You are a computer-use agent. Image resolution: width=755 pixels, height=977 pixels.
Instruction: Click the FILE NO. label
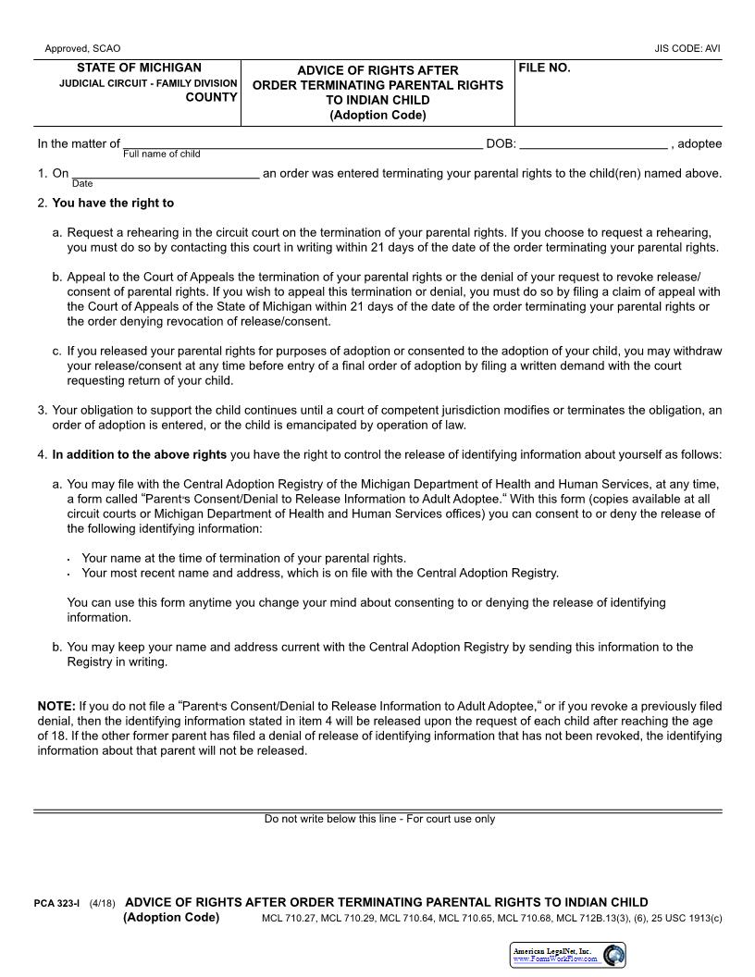[544, 68]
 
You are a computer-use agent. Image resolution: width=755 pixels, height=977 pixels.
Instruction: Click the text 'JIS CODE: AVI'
[687, 48]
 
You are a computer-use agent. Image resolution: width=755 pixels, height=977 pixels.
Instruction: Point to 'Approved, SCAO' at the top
[82, 48]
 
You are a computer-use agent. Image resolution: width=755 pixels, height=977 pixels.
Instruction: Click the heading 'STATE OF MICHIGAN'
[139, 68]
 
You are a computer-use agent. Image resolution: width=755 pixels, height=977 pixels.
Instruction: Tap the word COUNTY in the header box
[211, 97]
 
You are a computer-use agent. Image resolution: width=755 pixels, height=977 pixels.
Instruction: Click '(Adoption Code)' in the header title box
[377, 116]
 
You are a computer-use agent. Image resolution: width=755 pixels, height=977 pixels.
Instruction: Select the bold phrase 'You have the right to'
[113, 203]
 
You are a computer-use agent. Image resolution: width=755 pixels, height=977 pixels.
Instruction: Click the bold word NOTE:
[56, 706]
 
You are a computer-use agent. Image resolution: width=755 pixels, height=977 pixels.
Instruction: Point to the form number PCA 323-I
[56, 903]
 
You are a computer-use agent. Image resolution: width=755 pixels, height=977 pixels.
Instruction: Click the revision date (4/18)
[103, 903]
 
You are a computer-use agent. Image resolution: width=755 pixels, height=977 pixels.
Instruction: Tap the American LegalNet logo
[568, 955]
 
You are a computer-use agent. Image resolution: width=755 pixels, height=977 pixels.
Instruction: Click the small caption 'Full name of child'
[162, 154]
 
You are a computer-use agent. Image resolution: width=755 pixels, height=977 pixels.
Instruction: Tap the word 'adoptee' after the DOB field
[700, 143]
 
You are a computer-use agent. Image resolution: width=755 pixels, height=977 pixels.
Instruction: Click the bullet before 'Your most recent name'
[70, 575]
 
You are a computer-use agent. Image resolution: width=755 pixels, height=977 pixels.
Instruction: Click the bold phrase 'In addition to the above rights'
[139, 454]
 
